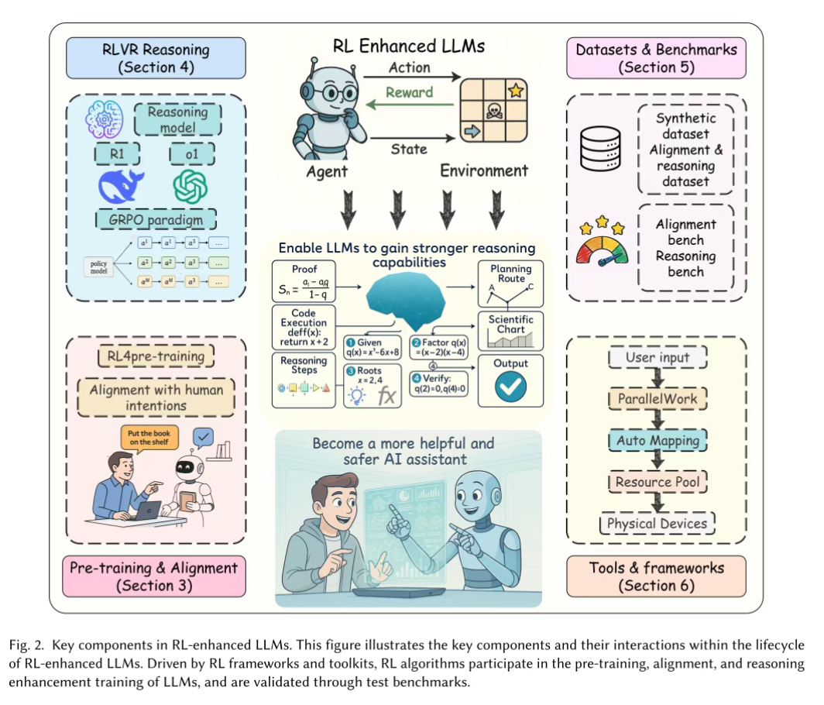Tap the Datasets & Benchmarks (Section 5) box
(x=656, y=58)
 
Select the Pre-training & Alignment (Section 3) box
(x=153, y=576)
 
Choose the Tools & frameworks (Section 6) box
(x=656, y=576)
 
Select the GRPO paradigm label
(x=155, y=220)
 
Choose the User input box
(x=657, y=358)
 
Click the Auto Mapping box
(x=657, y=441)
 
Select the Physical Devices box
(x=657, y=524)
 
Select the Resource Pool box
(x=657, y=482)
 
